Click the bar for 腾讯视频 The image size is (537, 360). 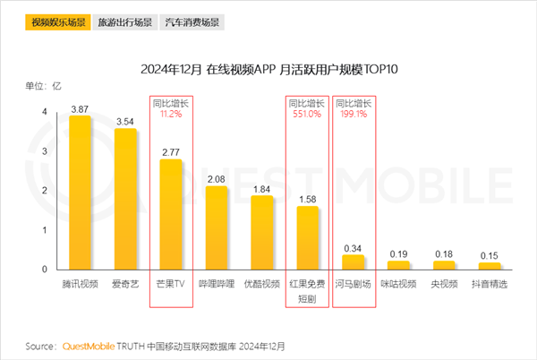tap(80, 193)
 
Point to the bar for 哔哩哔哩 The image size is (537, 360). tap(217, 228)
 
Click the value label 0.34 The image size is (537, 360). tap(354, 246)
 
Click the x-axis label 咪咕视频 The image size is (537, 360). tap(399, 285)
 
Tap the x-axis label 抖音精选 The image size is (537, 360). tap(490, 285)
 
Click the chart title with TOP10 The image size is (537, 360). tap(268, 69)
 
